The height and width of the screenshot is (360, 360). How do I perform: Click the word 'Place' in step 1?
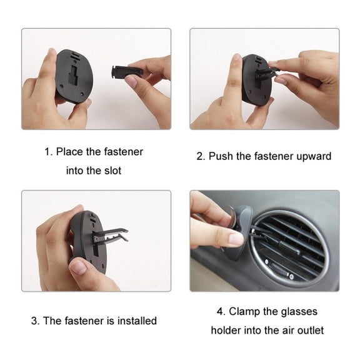pyautogui.click(x=69, y=152)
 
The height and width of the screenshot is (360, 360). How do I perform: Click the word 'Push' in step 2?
pyautogui.click(x=221, y=156)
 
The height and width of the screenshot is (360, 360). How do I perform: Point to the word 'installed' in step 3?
pyautogui.click(x=137, y=321)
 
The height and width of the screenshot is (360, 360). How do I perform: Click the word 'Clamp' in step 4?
pyautogui.click(x=244, y=311)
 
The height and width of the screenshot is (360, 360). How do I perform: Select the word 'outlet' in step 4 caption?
pyautogui.click(x=311, y=331)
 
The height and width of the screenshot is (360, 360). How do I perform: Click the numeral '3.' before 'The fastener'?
pyautogui.click(x=36, y=321)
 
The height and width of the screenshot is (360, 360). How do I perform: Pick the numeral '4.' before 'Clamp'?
pyautogui.click(x=221, y=312)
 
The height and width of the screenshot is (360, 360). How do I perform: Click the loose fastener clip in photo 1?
pyautogui.click(x=127, y=71)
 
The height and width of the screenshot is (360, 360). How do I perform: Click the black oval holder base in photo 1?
pyautogui.click(x=74, y=75)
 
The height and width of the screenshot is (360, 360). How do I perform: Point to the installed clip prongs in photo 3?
pyautogui.click(x=111, y=236)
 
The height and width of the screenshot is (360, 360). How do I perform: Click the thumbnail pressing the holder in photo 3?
pyautogui.click(x=78, y=267)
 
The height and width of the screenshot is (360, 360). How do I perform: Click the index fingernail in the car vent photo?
pyautogui.click(x=236, y=239)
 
